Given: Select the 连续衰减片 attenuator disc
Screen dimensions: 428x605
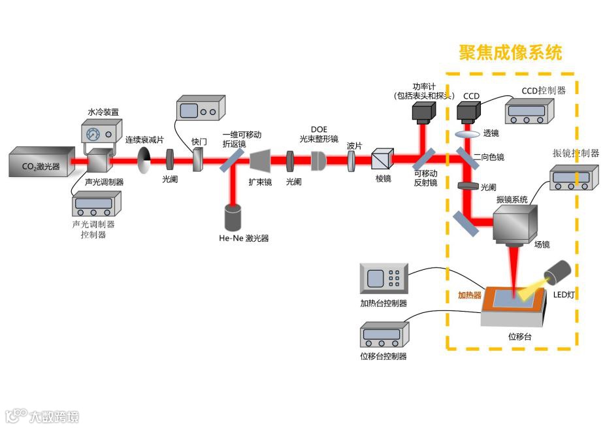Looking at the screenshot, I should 145,157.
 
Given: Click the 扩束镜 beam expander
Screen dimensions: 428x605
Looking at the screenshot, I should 261,159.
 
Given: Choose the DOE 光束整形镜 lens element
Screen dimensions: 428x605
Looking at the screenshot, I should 319,160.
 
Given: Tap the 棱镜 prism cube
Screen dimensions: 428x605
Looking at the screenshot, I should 381,160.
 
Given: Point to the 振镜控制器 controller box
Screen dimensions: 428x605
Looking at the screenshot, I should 574,177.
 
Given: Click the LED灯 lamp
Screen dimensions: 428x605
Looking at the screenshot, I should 560,272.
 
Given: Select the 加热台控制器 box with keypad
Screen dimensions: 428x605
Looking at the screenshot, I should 384,279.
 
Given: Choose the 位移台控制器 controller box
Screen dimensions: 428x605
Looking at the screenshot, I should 382,336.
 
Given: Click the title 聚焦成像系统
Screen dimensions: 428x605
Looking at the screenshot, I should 510,52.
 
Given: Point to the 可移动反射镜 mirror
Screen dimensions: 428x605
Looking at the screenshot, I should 423,159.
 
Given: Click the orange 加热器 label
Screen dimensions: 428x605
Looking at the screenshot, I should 468,295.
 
